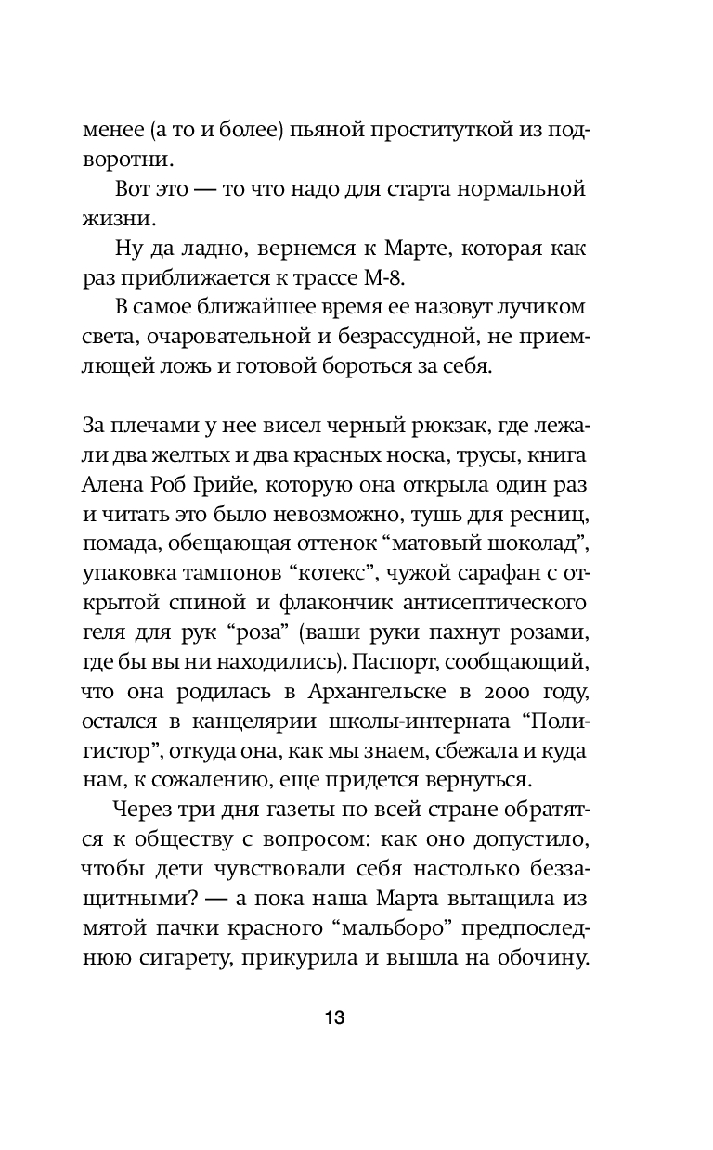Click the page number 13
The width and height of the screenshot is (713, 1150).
pyautogui.click(x=335, y=1017)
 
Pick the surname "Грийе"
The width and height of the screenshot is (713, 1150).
pyautogui.click(x=240, y=488)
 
